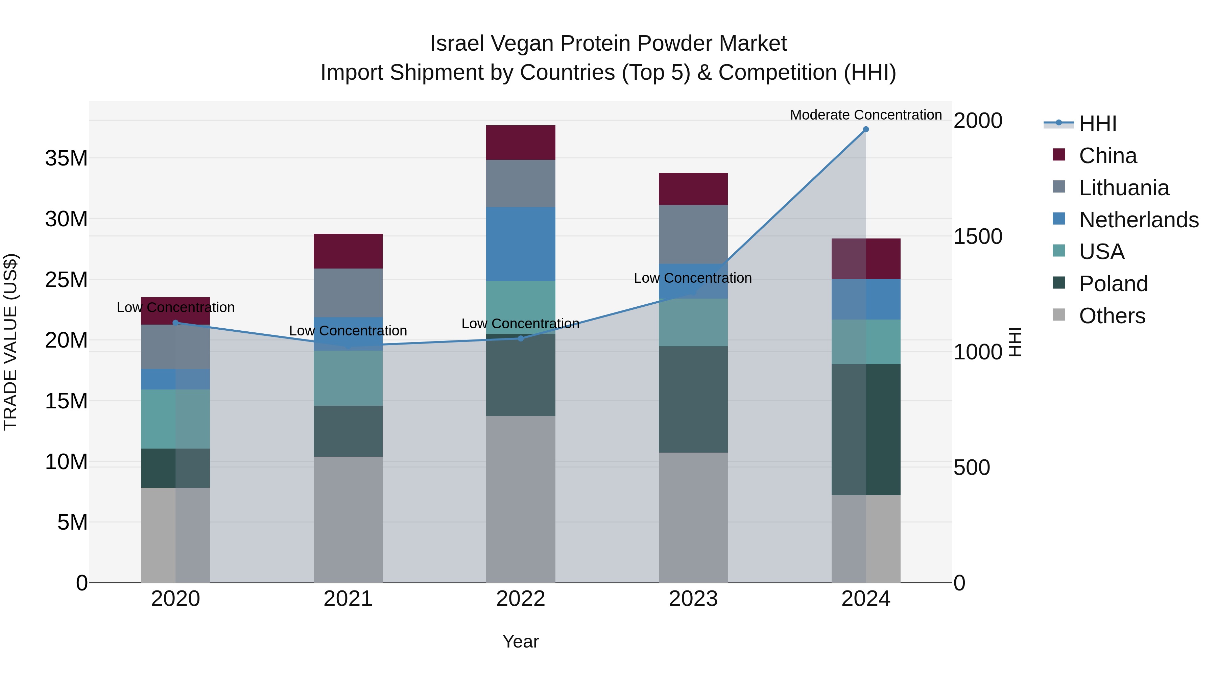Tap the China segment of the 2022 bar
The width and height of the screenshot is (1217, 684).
(521, 143)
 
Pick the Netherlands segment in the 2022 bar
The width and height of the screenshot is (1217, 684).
(521, 244)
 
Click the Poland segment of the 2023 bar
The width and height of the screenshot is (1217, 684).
(693, 399)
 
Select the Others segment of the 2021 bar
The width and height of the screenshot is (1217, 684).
(348, 519)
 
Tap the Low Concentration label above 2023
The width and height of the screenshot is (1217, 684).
(693, 278)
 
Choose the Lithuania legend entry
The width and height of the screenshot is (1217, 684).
(1123, 188)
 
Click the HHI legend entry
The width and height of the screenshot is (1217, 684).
(1097, 124)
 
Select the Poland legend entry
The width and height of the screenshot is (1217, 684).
(1113, 284)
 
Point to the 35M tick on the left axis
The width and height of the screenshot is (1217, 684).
(66, 158)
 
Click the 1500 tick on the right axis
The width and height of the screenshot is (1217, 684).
(977, 236)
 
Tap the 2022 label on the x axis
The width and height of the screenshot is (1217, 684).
(521, 599)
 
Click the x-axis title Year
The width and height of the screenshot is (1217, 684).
(521, 641)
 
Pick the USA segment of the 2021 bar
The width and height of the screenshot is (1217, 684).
(348, 378)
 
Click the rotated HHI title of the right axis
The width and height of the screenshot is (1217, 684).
(1015, 342)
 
